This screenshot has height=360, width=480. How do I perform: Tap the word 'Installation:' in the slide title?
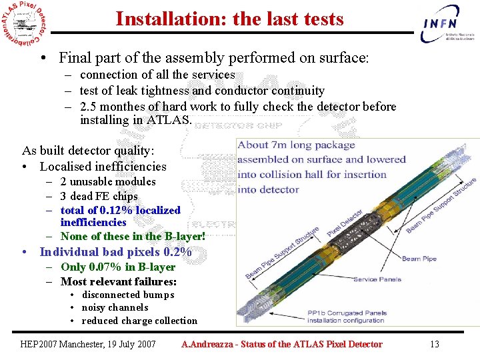pyautogui.click(x=171, y=19)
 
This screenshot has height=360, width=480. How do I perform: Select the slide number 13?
pyautogui.click(x=434, y=344)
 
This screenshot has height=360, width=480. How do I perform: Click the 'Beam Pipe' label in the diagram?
pyautogui.click(x=419, y=259)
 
